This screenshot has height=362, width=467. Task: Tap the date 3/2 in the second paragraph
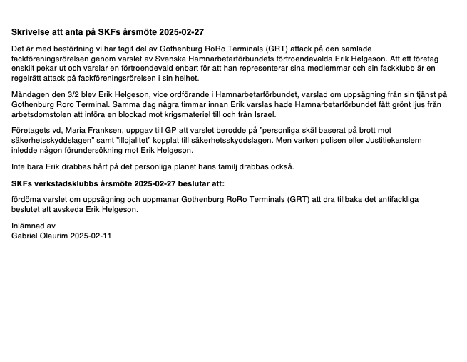coord(71,94)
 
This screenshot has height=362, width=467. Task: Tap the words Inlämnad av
coord(33,226)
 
